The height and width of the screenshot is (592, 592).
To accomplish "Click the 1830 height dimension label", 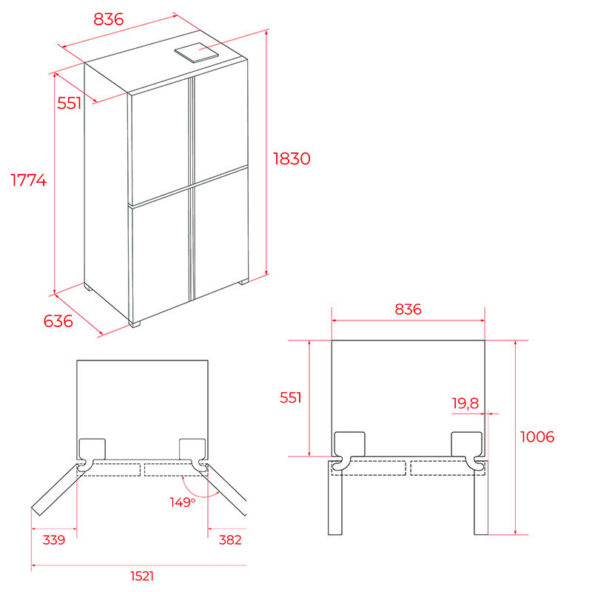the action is click(292, 158).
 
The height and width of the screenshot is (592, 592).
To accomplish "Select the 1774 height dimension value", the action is click(29, 180).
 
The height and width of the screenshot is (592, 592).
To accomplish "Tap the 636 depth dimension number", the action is click(58, 321).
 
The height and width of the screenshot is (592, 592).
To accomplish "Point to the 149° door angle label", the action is click(183, 502).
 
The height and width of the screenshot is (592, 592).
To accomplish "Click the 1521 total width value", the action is click(142, 576).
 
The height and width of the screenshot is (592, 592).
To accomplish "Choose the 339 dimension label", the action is click(53, 539).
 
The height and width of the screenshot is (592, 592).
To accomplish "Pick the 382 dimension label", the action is click(230, 539).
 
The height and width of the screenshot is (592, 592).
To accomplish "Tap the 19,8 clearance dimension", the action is click(465, 403).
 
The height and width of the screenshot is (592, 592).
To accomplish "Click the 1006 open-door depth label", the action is click(537, 437).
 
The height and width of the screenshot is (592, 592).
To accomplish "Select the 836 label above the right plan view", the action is click(408, 309).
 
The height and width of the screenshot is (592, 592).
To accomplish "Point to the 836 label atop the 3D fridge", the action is click(109, 19).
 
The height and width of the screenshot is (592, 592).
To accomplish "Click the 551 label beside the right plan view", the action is click(290, 397).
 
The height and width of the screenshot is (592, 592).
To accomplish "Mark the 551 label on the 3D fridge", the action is click(69, 103).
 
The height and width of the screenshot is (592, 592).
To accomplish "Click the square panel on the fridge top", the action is click(196, 53).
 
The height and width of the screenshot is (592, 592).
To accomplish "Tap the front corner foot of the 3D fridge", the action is click(135, 324).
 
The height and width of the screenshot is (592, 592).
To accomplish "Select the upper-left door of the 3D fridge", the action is click(159, 143).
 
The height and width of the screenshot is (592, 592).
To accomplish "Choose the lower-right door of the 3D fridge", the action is click(221, 234).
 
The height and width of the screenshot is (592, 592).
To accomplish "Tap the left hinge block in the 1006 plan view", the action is click(350, 445).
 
